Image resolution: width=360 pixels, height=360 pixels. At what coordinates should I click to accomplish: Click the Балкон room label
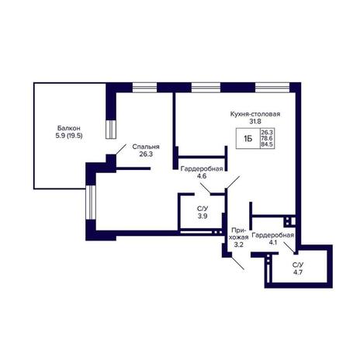[x=69, y=128]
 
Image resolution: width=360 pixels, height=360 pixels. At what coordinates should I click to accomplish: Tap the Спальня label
[x=146, y=147]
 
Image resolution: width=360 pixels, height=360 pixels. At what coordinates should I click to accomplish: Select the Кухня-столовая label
[x=255, y=114]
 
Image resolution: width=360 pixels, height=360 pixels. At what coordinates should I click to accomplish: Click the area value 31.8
[x=255, y=121]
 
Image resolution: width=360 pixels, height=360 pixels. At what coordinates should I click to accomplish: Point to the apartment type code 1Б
[x=247, y=139]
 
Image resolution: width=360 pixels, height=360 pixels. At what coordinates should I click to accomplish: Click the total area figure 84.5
[x=267, y=144]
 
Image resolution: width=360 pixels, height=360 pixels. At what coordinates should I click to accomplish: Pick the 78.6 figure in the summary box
[x=267, y=138]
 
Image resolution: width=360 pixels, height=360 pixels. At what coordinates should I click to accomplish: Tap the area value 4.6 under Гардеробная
[x=202, y=176]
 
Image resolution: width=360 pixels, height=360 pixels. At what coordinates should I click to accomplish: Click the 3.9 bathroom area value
[x=202, y=216]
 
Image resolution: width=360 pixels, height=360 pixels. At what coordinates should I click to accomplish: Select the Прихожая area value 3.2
[x=238, y=244]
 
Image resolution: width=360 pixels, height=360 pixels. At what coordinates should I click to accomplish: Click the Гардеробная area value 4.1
[x=272, y=243]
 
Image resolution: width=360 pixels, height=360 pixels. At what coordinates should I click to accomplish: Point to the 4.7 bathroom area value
[x=298, y=272]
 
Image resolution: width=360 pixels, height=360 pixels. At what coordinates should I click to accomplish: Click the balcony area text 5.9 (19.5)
[x=69, y=136]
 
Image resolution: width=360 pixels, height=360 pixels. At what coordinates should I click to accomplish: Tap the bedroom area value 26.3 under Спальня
[x=146, y=154]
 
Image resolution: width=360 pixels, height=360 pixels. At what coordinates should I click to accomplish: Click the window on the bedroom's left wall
[x=91, y=202]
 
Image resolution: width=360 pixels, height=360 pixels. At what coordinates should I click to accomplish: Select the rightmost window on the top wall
[x=272, y=88]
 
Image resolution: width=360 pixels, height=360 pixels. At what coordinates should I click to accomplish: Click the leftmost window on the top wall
[x=144, y=88]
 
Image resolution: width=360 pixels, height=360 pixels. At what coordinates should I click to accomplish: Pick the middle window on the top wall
[x=206, y=88]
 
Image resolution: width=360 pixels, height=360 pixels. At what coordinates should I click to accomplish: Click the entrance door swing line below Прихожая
[x=237, y=263]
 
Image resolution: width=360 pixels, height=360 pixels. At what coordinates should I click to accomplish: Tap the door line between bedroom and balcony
[x=121, y=150]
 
